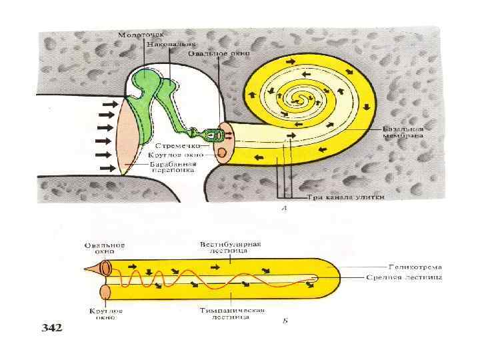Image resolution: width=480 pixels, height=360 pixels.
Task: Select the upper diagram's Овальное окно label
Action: click(213, 53)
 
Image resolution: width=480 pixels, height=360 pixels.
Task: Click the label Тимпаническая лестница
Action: click(233, 314)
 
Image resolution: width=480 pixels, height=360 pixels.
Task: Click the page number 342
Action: click(51, 327)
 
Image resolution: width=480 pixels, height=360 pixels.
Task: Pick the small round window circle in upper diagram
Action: click(220, 153)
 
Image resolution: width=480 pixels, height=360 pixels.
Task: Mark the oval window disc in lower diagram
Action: click(105, 268)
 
